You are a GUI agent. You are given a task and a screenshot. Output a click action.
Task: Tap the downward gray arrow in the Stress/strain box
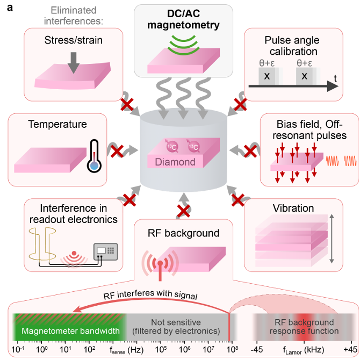pyautogui.click(x=74, y=63)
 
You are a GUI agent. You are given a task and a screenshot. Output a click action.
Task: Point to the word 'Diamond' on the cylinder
pyautogui.click(x=179, y=162)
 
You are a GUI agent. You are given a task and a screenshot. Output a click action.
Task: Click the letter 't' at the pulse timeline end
pyautogui.click(x=335, y=78)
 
